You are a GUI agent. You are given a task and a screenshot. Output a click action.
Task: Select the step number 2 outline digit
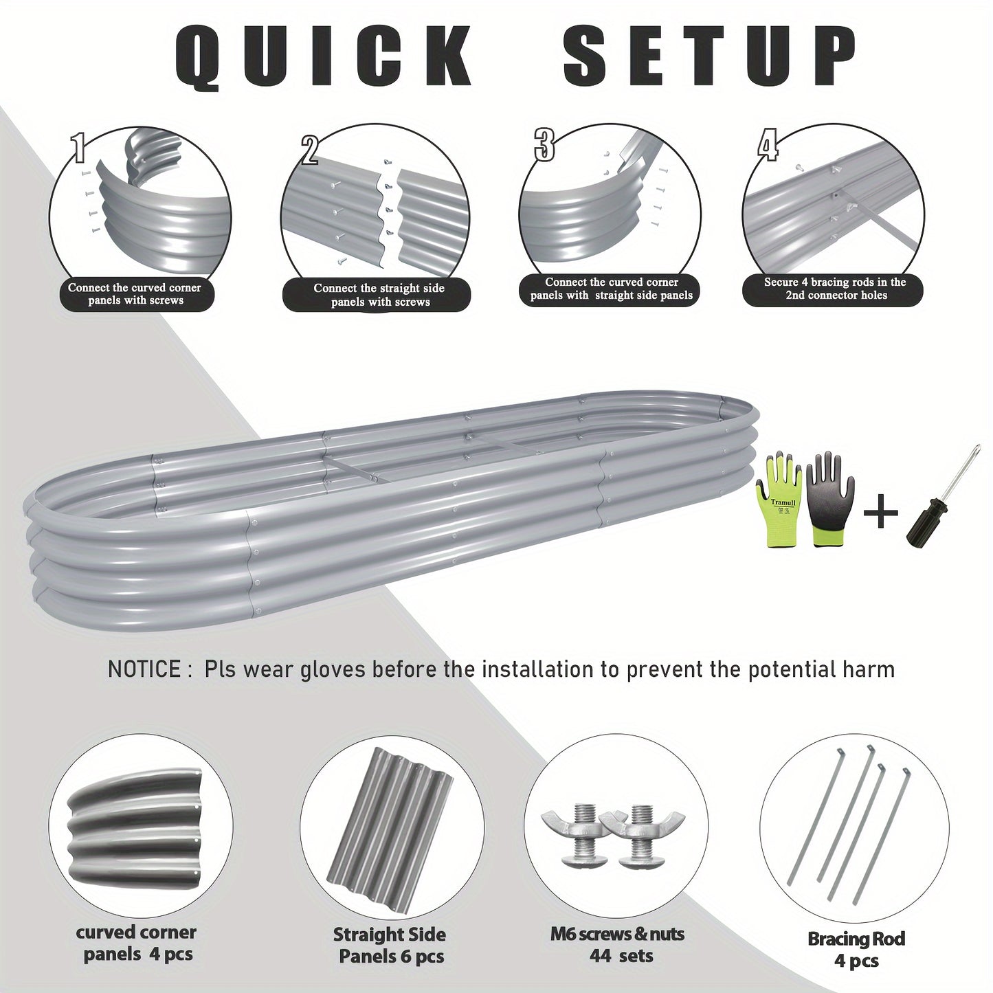coord(309,149)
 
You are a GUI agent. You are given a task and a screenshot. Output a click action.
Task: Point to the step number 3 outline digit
coord(544,142)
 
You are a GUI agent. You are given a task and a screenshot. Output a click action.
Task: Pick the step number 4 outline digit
coord(768,144)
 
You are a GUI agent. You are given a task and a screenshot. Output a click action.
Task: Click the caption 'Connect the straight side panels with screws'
coord(379,295)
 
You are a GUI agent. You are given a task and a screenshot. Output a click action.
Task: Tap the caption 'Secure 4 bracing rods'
coord(835,289)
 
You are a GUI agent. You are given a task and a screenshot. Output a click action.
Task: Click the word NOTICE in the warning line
coord(143,669)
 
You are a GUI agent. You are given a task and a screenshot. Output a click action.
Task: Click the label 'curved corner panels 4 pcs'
coord(136,943)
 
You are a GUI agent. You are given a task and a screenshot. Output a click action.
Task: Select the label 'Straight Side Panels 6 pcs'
coord(390,945)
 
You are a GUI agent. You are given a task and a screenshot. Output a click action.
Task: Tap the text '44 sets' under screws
coord(621,955)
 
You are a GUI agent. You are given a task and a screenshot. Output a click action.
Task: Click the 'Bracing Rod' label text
coord(856,939)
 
